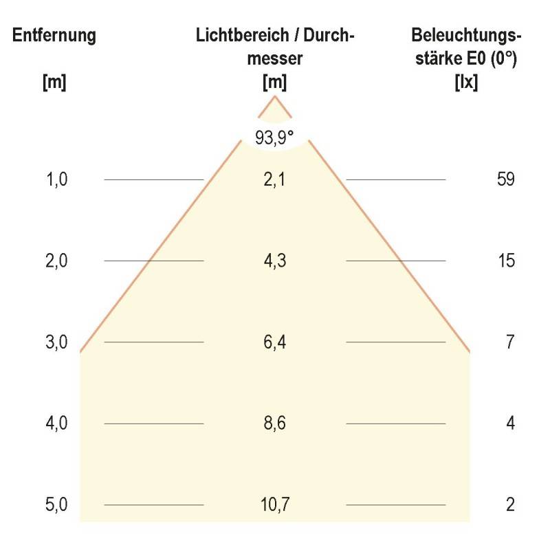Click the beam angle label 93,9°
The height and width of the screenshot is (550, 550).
pos(274,138)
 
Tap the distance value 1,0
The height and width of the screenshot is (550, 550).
pos(56,179)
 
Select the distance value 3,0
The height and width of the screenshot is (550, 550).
pos(56,342)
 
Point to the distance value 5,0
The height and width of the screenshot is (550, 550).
pos(56,505)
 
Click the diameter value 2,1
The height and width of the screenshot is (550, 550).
pos(275,179)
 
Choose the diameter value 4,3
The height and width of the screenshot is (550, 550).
pos(275,261)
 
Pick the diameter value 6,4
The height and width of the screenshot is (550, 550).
pos(275,342)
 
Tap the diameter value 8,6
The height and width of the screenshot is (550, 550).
pos(275,423)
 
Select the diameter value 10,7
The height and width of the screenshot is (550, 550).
pos(275,505)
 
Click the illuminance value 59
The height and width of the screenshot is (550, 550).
pos(505,179)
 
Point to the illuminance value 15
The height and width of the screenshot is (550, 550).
pos(505,261)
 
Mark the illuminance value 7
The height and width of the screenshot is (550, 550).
pos(509,342)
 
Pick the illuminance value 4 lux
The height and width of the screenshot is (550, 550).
pos(510,423)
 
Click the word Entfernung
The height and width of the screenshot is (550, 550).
pos(54,36)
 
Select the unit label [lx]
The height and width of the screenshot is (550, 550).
pos(467,83)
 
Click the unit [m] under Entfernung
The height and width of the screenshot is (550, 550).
pos(54,83)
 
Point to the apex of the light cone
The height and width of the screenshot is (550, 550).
pos(275,97)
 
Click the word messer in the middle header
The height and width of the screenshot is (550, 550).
pos(274,60)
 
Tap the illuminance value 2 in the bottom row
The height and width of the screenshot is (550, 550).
pos(510,505)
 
